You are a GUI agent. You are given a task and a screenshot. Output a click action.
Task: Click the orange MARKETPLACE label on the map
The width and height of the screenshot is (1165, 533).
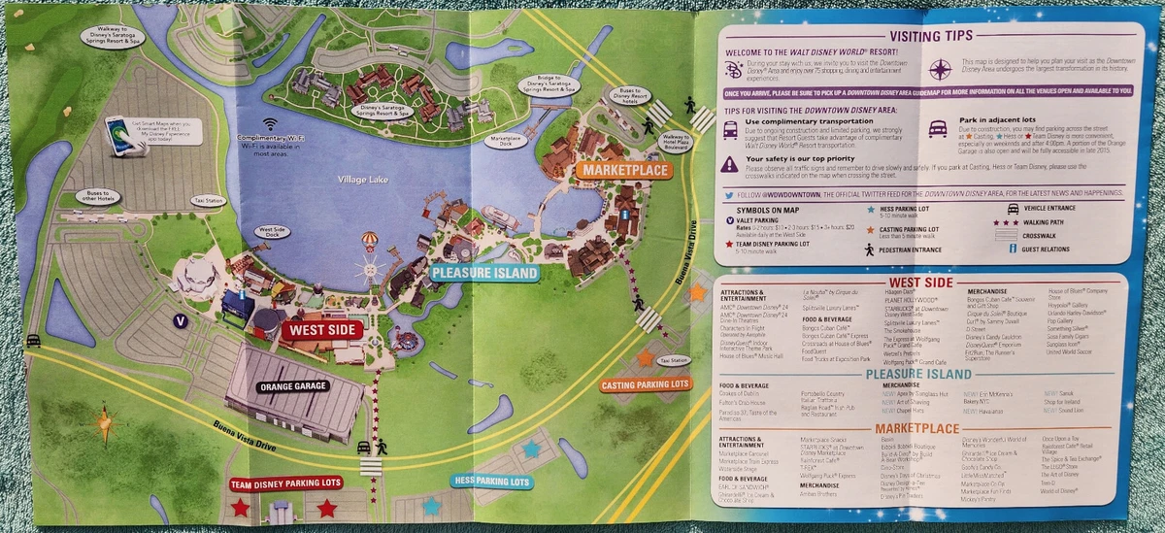(x=623, y=171)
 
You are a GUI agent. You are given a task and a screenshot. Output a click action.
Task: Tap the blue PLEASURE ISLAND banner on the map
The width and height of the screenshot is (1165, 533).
(x=484, y=274)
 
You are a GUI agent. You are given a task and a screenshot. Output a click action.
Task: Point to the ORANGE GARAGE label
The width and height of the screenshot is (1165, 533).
(x=293, y=386)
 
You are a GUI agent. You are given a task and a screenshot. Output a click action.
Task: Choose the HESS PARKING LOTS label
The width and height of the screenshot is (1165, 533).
(x=491, y=482)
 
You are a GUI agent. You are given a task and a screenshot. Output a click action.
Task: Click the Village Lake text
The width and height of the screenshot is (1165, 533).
(x=362, y=180)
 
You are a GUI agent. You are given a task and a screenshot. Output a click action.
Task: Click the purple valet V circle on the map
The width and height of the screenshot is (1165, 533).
(x=179, y=319)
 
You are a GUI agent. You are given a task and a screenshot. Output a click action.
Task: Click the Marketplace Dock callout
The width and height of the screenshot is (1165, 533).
(x=507, y=141)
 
